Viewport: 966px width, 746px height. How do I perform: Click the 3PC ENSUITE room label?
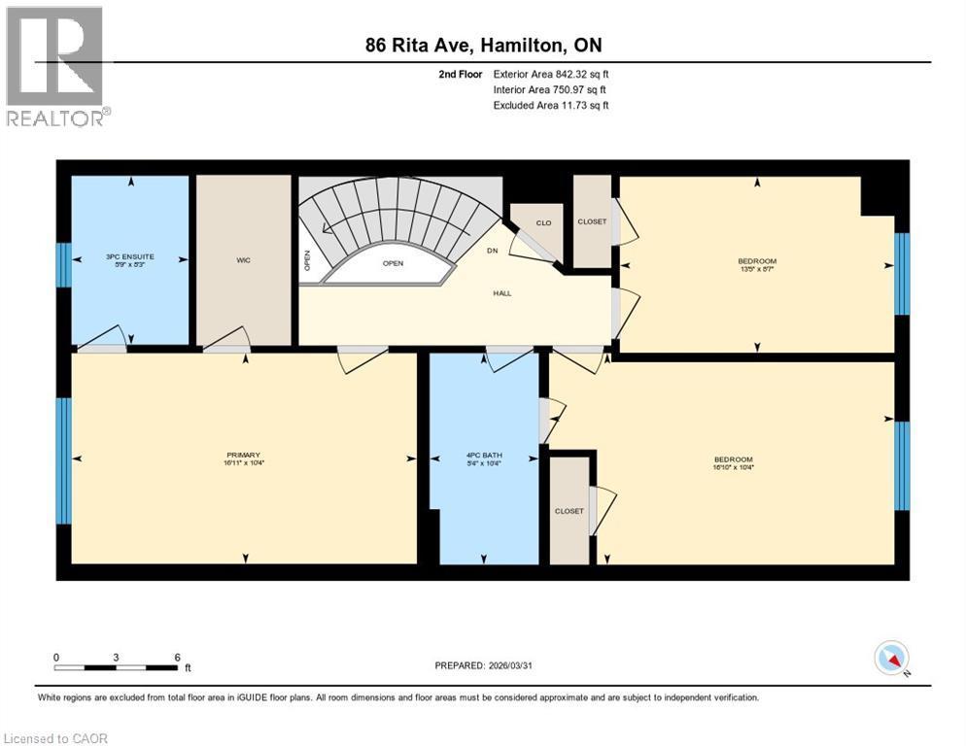[x=129, y=256]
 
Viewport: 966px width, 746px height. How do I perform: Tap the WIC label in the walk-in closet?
[x=244, y=260]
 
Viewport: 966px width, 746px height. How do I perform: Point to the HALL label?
[x=502, y=292]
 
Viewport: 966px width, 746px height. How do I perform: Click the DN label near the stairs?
[x=493, y=250]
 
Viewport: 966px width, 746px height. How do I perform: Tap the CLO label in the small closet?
[x=543, y=223]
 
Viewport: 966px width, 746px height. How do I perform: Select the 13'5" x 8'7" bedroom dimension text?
[x=757, y=270]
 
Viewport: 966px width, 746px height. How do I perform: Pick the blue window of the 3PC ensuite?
[x=63, y=264]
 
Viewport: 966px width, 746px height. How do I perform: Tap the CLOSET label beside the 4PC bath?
[x=569, y=511]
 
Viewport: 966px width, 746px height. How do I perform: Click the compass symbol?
[x=891, y=659]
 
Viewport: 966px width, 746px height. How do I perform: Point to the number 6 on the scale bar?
[x=177, y=658]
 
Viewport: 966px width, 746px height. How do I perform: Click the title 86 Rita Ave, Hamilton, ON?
[x=490, y=45]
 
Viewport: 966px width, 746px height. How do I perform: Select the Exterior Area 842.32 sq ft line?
[x=551, y=74]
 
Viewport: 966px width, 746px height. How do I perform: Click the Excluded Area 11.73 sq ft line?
[x=551, y=105]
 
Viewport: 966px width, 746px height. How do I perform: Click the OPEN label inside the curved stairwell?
[x=393, y=263]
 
